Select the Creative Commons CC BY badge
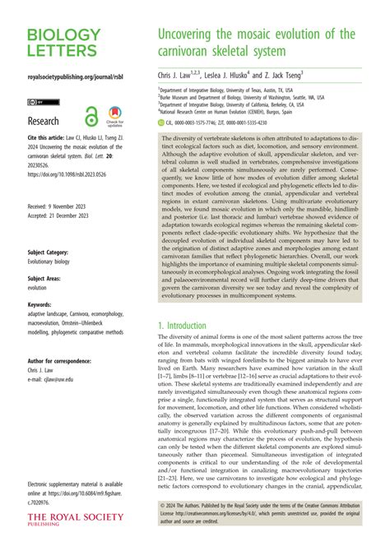36,103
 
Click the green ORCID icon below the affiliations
162,123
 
